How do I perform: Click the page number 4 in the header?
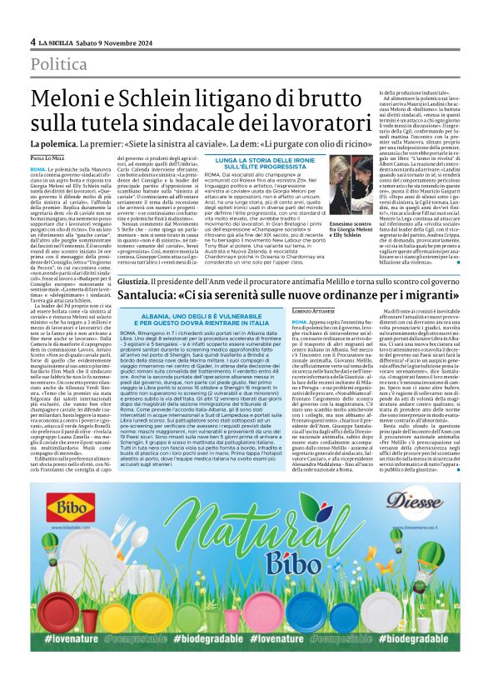click(32, 41)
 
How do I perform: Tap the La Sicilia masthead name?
click(59, 41)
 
